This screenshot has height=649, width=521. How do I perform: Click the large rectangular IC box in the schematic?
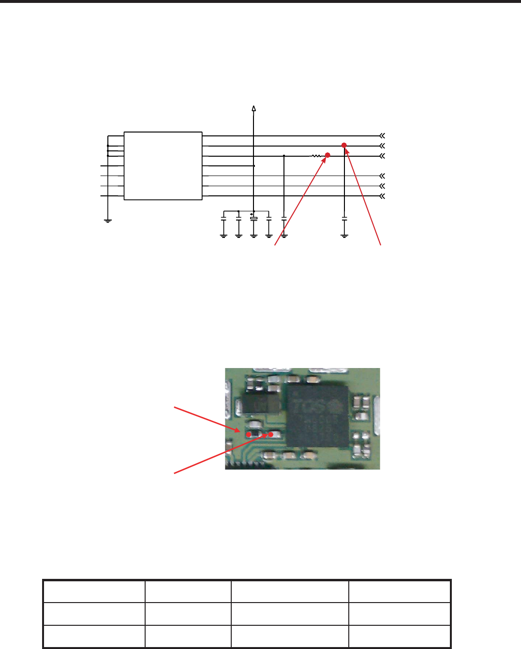point(163,165)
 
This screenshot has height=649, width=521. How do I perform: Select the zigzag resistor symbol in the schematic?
point(316,156)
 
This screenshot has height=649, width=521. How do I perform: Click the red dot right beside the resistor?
point(327,155)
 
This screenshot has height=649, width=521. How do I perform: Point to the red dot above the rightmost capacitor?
point(344,145)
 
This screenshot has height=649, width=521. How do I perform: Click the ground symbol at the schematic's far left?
point(108,221)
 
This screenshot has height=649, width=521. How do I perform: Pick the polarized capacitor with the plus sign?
point(253,219)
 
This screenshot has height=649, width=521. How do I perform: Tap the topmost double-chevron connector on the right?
point(382,136)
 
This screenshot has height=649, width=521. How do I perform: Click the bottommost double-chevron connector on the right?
point(382,196)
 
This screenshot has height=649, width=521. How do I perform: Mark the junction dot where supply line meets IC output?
point(253,166)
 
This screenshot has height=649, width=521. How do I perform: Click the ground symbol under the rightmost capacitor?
point(344,236)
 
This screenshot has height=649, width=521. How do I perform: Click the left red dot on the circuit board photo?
point(249,434)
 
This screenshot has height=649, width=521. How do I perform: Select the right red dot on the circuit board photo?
point(271,434)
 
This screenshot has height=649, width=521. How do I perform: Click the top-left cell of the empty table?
point(94,591)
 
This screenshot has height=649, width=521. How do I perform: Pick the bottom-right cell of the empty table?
point(399,636)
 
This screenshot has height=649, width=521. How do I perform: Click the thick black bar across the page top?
point(260,1)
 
